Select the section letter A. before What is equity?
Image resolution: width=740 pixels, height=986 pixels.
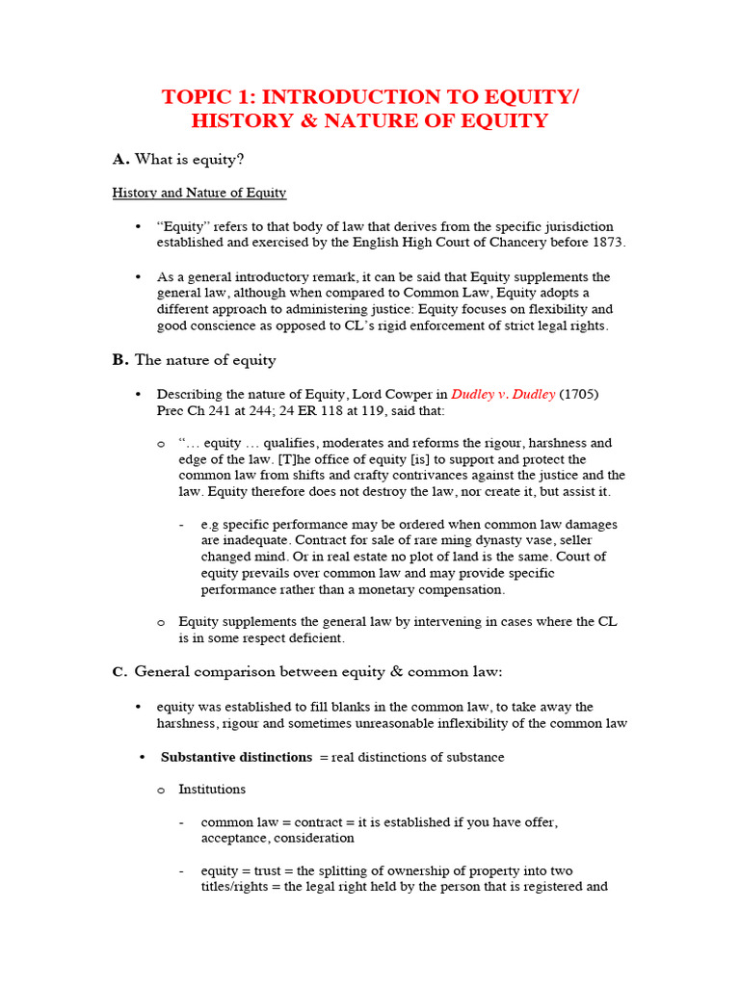pos(120,159)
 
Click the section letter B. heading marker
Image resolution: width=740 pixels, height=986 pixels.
pos(120,360)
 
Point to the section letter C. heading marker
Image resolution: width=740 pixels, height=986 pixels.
pos(120,671)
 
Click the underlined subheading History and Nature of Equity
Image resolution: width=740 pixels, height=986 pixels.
pos(199,193)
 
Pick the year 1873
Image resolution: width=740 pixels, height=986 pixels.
pos(605,243)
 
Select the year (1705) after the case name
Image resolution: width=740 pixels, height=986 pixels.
pos(581,395)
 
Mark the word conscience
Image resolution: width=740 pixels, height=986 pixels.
pos(225,326)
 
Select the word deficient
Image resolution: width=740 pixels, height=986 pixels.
pos(311,638)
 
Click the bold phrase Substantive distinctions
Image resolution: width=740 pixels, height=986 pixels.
pos(236,758)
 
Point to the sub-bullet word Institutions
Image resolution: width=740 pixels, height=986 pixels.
pos(212,790)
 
